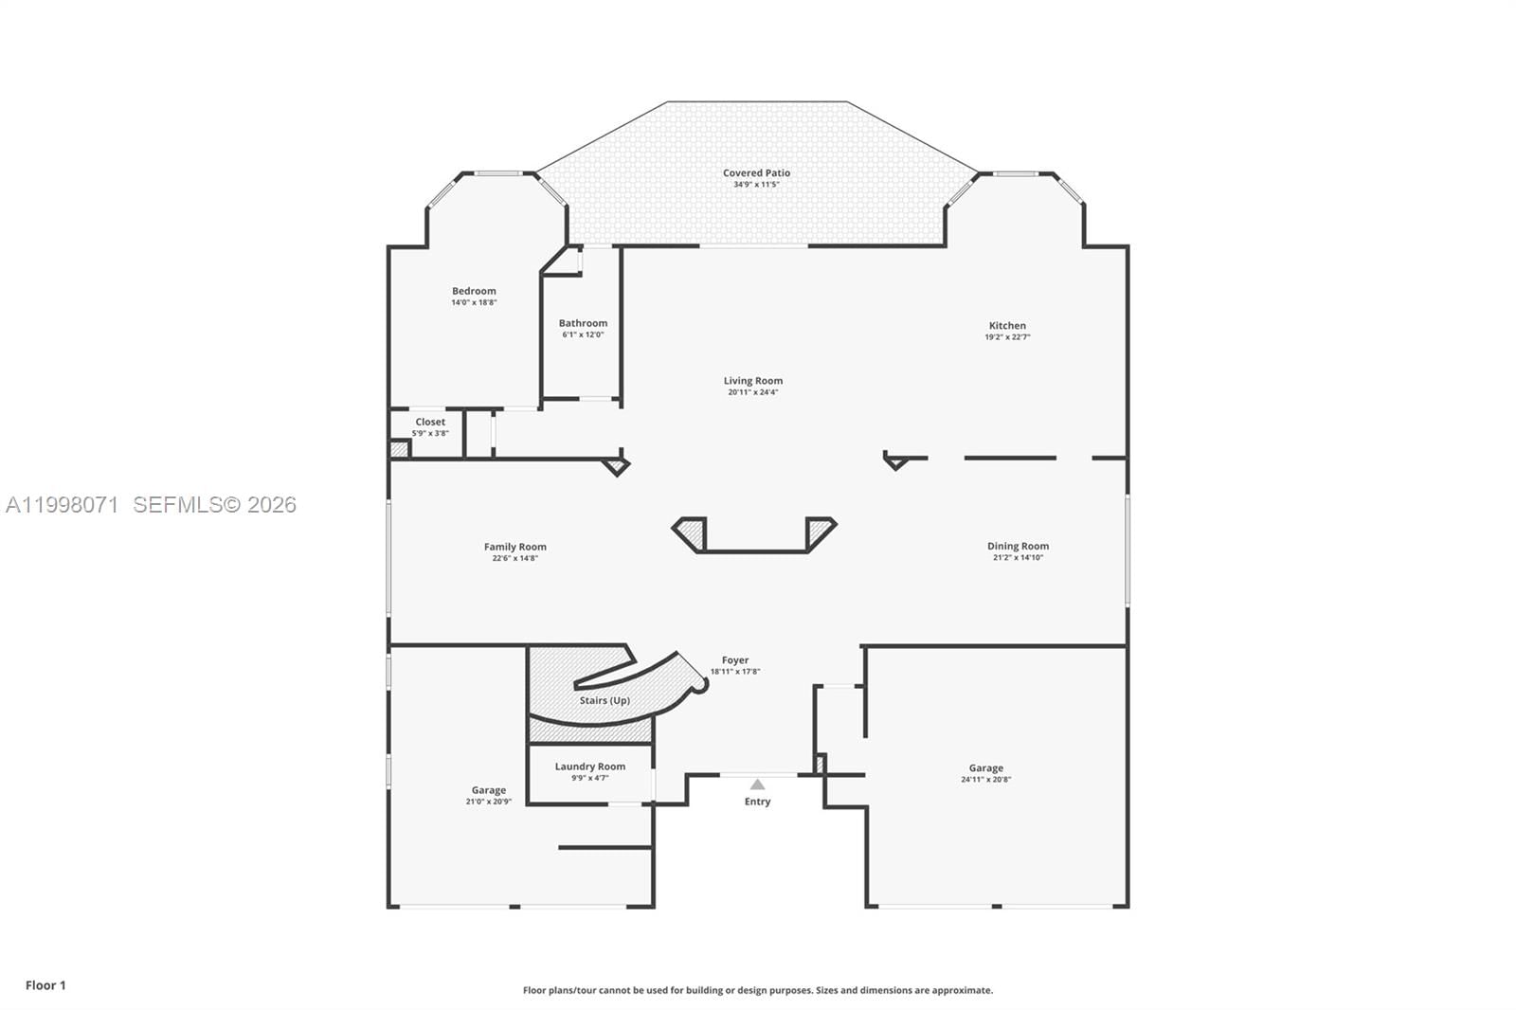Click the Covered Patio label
coord(756,173)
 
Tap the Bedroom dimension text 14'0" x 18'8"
coord(474,303)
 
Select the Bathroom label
coord(583,323)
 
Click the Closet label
coord(430,422)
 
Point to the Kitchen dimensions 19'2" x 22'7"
coord(1007,337)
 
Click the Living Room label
coord(753,381)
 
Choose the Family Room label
coord(514,547)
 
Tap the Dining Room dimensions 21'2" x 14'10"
coord(1018,558)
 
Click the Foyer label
coord(735,660)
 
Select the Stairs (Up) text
coord(605,701)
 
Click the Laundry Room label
coord(589,767)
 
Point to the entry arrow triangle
coord(757,785)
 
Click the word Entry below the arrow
coord(757,802)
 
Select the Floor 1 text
coord(45,985)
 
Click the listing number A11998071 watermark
coord(63,505)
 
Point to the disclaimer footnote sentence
coord(758,990)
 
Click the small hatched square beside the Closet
coord(399,450)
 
